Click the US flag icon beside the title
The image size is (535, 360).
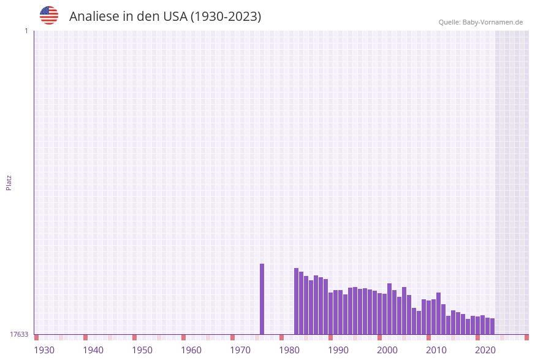[49, 15]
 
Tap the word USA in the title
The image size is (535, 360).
[175, 17]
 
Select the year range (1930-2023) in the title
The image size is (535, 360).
[226, 17]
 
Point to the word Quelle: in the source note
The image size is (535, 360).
[450, 22]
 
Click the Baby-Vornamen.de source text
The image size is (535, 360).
[493, 22]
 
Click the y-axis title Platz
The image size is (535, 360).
[9, 182]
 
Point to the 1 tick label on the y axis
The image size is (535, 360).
[26, 31]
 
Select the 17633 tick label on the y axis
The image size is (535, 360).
[19, 334]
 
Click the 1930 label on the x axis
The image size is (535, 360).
[44, 350]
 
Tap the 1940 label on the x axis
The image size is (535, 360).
[93, 350]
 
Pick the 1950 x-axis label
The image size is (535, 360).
[142, 350]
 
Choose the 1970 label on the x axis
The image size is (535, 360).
[240, 350]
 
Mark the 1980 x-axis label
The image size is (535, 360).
[289, 350]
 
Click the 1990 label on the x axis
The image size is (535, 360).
[338, 350]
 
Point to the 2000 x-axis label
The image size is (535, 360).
[387, 350]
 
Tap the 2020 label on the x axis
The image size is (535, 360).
[485, 350]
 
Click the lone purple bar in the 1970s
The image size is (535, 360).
[262, 299]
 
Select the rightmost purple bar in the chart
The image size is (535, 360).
[492, 326]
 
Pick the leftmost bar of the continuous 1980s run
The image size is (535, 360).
[297, 301]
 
